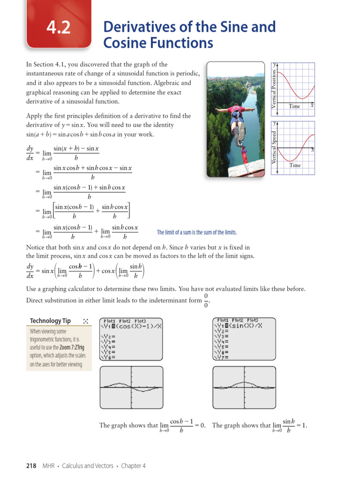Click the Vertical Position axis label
[274, 87]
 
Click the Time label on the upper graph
[294, 106]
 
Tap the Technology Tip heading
[50, 321]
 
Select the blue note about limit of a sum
[197, 232]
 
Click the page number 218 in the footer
[31, 465]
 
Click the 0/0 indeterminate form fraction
[206, 302]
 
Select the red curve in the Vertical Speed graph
[295, 146]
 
